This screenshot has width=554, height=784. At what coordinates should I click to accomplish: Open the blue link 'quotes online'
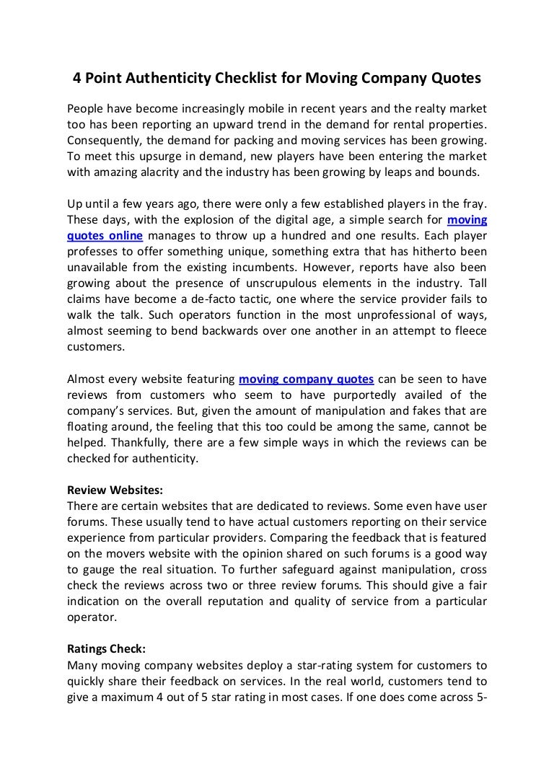[x=105, y=236]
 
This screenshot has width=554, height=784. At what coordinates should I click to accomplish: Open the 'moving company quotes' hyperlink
[x=306, y=379]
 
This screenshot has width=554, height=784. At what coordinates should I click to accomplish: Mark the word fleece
[x=468, y=331]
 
